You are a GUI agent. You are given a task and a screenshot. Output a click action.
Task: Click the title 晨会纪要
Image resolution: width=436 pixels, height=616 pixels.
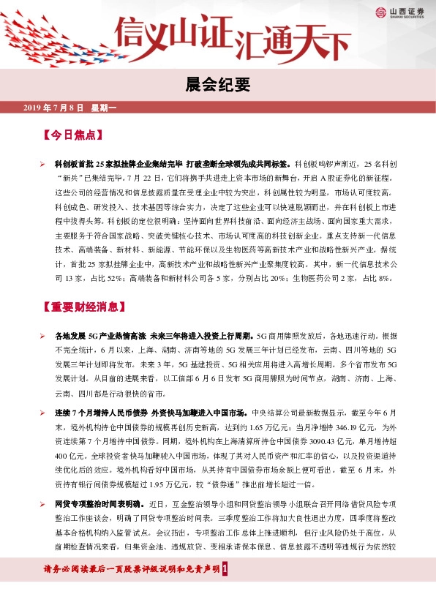(x=217, y=86)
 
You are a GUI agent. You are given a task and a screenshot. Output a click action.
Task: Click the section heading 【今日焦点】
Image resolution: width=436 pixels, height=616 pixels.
(x=72, y=136)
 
